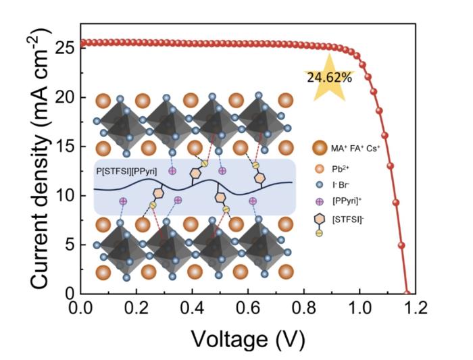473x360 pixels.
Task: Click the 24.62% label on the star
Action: click(329, 77)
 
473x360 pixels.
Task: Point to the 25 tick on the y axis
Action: click(64, 48)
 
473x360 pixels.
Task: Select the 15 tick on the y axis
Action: click(64, 147)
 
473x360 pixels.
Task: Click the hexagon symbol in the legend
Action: click(320, 217)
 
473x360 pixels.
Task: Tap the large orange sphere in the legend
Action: click(320, 149)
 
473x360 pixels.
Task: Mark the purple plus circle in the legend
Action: click(320, 200)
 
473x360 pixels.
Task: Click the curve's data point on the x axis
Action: click(407, 293)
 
